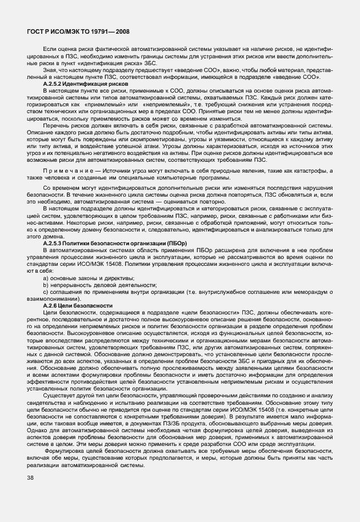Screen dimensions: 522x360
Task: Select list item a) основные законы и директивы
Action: pyautogui.click(x=83, y=277)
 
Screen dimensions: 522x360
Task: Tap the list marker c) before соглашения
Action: pyautogui.click(x=46, y=292)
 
